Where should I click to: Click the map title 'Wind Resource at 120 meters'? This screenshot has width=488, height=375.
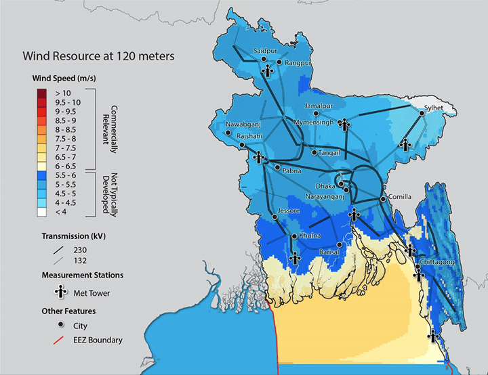click(x=99, y=56)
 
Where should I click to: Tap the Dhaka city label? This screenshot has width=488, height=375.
click(x=325, y=185)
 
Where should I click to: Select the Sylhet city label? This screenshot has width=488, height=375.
click(x=434, y=108)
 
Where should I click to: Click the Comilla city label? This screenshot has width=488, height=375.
click(x=399, y=197)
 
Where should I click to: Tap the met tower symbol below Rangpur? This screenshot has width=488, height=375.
click(x=268, y=70)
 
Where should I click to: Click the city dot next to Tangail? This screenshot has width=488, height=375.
click(x=313, y=152)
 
